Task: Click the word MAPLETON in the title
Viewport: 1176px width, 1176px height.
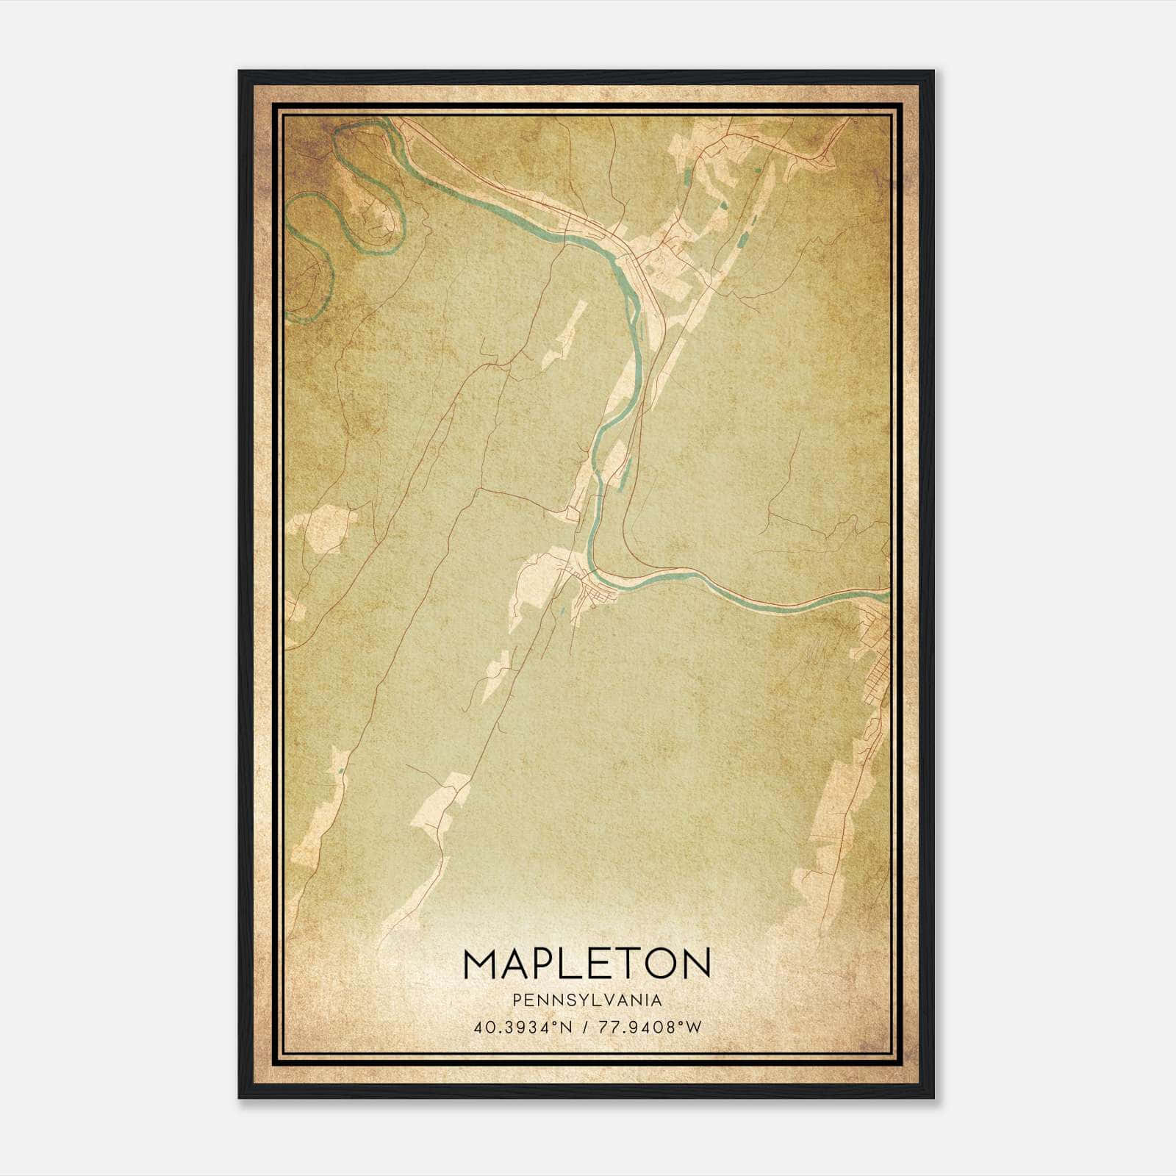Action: coord(587,964)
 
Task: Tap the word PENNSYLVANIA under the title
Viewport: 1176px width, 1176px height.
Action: coord(587,1000)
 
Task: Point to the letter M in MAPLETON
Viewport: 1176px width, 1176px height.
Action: coord(481,964)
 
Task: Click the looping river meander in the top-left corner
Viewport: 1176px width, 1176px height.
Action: coord(367,191)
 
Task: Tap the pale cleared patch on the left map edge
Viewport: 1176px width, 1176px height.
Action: coord(320,529)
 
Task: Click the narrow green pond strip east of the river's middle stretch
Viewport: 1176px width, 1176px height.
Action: coord(625,470)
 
